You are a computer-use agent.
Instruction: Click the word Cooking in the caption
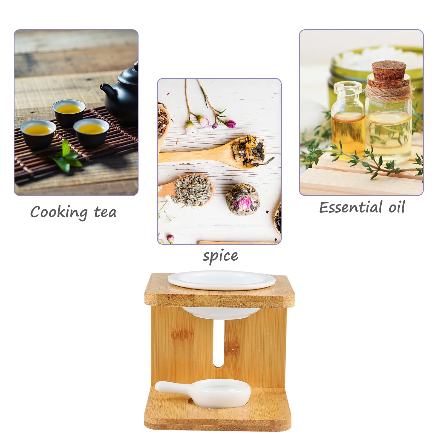59,212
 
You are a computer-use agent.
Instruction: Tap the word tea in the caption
105,212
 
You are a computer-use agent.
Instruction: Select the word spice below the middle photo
220,256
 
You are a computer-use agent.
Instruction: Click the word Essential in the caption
351,208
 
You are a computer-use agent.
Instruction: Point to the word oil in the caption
397,207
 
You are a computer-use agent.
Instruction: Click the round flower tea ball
243,199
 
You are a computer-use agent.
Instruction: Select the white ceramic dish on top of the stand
221,280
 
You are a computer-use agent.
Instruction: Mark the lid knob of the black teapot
136,66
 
